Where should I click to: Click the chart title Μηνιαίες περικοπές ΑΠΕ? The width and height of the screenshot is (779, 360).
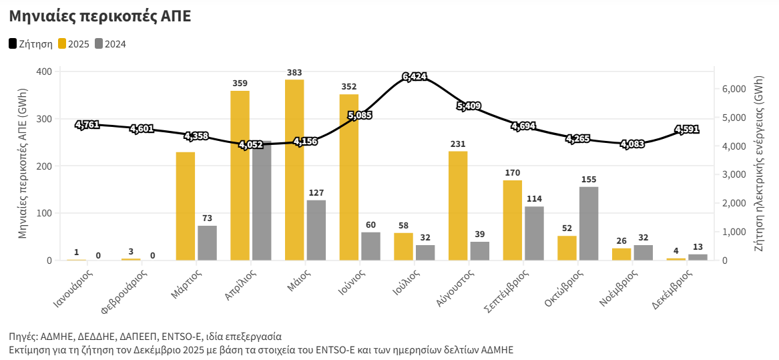tap(100, 17)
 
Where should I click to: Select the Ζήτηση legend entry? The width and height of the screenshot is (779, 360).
tap(31, 44)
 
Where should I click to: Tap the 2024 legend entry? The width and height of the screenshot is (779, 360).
tap(110, 44)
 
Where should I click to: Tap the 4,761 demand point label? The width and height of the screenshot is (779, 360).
tap(87, 124)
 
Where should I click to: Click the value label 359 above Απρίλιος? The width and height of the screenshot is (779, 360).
tap(240, 83)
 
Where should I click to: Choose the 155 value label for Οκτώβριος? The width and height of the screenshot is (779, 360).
tap(589, 179)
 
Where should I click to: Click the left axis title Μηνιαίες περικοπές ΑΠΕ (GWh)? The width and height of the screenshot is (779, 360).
tap(23, 164)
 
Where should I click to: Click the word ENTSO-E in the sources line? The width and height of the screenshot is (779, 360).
tap(202, 336)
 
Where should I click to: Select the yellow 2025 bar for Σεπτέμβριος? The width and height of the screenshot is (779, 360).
tap(513, 220)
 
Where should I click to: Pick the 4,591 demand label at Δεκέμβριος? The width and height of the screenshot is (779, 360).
tap(687, 130)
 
